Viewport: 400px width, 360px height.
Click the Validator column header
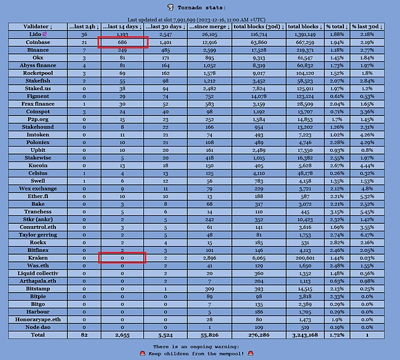[x=36, y=26]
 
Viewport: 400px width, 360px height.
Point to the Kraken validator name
[x=36, y=257]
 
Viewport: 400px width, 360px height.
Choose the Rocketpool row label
[x=36, y=73]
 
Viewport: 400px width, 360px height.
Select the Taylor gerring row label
[x=36, y=235]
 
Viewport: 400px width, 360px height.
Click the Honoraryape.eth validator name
[x=36, y=319]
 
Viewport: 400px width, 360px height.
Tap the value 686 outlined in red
[x=122, y=42]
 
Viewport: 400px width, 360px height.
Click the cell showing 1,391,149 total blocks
[x=309, y=34]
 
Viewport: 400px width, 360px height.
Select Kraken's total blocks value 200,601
[x=309, y=257]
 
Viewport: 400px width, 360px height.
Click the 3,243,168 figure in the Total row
[x=309, y=335]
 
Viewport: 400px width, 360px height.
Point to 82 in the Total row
[x=84, y=335]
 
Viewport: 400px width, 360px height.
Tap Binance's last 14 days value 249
[x=122, y=50]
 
